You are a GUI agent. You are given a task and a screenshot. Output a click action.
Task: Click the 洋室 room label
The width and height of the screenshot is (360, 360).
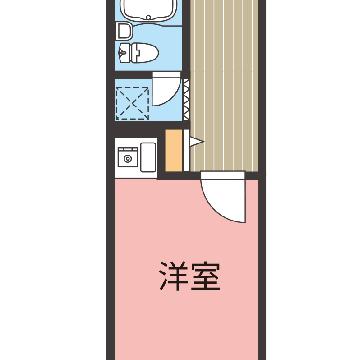point(190,276)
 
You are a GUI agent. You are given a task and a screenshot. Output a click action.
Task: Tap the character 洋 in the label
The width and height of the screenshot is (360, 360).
point(174,276)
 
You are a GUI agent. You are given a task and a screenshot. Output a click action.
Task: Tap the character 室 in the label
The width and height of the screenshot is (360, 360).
point(206,276)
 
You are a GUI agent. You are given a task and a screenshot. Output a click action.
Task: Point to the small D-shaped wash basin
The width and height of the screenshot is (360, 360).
point(124,32)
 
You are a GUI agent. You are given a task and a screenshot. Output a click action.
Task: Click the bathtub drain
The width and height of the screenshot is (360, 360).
point(147,16)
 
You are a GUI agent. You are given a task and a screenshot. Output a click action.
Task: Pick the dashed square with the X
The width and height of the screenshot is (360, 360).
point(133,103)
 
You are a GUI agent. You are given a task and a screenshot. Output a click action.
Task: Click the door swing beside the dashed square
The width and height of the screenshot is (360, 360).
point(167,89)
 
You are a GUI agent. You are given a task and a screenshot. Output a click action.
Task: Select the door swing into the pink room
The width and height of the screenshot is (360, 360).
point(223,197)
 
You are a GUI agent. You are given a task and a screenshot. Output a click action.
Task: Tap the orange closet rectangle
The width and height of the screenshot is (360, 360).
point(174,150)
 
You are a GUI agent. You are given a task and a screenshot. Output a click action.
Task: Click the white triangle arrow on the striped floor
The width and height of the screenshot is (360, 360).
point(196,142)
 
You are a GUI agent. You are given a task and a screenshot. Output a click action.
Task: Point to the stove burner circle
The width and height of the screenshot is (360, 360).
point(127,159)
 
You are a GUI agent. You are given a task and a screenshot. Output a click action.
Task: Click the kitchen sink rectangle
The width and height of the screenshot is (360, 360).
point(148,157)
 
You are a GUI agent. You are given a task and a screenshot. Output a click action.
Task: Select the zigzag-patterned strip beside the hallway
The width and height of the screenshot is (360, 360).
point(186,100)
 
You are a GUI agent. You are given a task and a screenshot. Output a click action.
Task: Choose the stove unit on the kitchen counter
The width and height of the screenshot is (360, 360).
point(128,157)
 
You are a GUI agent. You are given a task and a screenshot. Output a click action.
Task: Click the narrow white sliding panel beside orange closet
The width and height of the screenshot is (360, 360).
point(186,150)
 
